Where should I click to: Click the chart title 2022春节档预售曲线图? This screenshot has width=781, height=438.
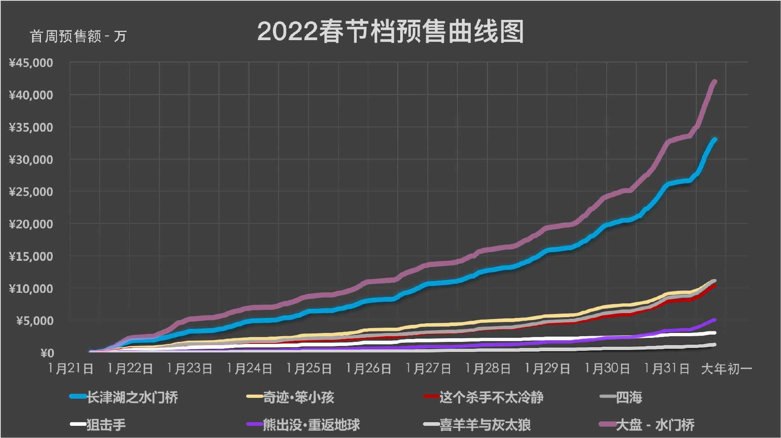pos(390,32)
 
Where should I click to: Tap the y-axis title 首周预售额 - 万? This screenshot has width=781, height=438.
pos(78,36)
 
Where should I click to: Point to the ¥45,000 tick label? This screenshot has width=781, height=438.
pos(31,63)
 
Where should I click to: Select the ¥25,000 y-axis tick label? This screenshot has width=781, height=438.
pos(31,192)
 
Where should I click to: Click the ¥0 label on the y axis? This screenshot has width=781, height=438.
pos(47,353)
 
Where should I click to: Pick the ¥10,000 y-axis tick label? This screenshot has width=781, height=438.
pos(31,289)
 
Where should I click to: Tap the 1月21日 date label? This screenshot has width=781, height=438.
pos(71,369)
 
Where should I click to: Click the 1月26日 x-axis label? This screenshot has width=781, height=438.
pos(368,369)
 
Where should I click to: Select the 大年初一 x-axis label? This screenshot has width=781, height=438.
pos(726,369)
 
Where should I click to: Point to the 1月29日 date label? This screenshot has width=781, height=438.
pos(547,369)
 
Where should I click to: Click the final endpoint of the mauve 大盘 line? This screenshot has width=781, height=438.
pos(714,82)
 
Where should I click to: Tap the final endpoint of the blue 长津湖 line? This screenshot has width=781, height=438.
pos(715,140)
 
